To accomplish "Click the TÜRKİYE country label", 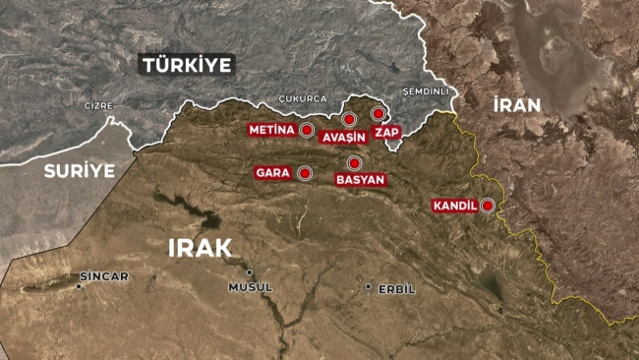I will [187, 65].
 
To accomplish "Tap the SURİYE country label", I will [79, 170].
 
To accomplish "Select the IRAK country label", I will [199, 247].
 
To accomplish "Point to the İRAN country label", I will [518, 104].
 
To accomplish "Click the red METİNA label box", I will [270, 130].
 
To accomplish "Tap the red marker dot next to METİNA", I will [306, 130].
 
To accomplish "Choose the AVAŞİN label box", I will [343, 138].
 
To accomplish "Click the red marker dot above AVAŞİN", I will [349, 119].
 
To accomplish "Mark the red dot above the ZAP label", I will [378, 114].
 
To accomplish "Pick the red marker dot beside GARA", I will [305, 173].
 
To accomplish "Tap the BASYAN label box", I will [360, 180].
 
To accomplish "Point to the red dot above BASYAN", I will [354, 163].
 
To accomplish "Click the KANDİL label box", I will [454, 206].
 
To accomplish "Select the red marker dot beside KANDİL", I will [487, 206].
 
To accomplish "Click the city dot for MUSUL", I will [250, 272].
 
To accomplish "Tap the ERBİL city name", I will [397, 288].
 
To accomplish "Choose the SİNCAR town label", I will [104, 276].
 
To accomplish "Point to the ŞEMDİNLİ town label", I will [426, 91].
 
